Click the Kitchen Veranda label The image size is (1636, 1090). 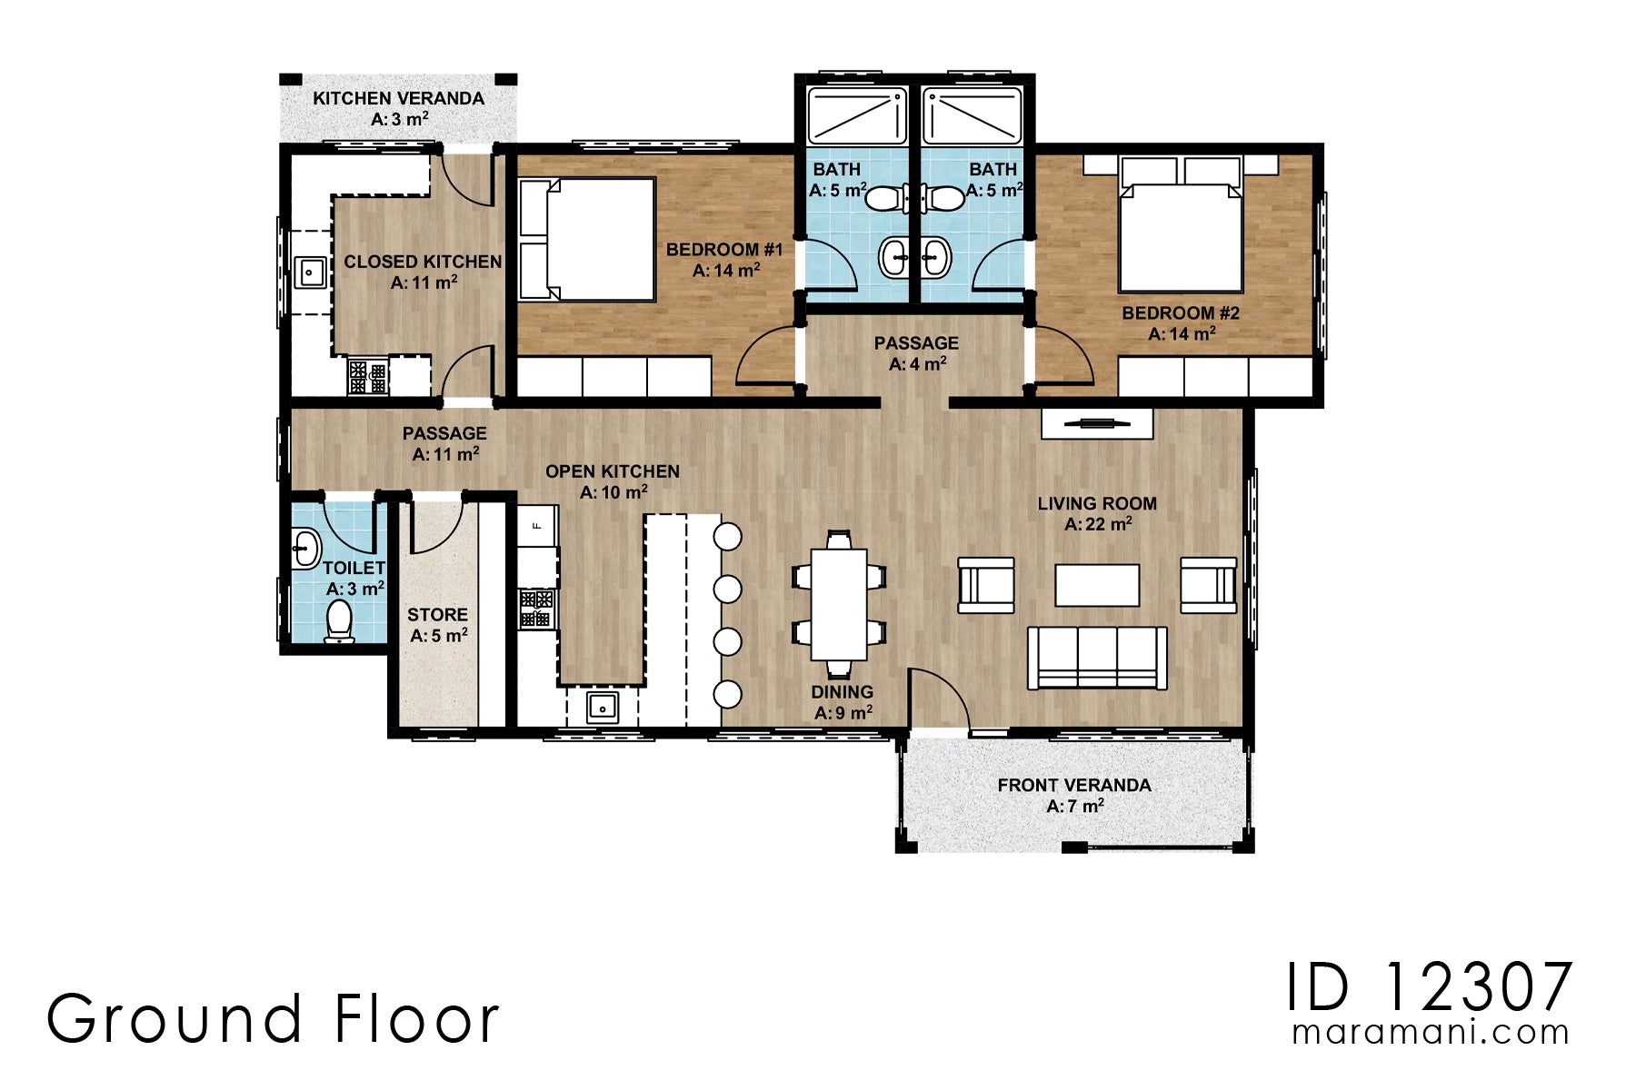[398, 108]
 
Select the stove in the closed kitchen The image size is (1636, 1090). [368, 376]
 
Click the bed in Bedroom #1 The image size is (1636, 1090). [587, 239]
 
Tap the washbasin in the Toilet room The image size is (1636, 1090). [306, 548]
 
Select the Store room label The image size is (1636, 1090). [438, 625]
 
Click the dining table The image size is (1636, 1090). [839, 604]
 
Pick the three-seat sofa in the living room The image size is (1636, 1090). [1098, 658]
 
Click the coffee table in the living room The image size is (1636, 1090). [1097, 585]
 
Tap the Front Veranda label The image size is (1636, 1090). [1074, 795]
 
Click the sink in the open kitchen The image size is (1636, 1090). [602, 706]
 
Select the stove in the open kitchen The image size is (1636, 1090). [536, 608]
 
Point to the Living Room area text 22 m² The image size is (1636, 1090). [1098, 524]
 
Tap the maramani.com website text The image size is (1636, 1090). [1431, 1033]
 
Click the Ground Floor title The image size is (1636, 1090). [273, 1018]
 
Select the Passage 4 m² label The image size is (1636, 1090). [917, 353]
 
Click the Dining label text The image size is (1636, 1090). [843, 691]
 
